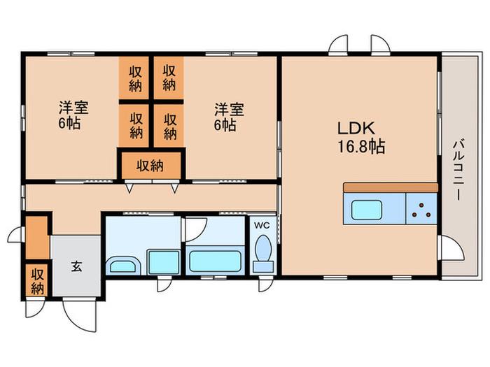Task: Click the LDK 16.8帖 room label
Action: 361,137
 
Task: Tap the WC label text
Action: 262,225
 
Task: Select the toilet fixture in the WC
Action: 263,254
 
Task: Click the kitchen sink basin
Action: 367,210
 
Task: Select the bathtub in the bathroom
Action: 216,261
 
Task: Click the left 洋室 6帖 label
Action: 73,115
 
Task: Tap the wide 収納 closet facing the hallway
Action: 151,166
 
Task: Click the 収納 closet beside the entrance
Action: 37,280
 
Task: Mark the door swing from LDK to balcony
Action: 451,248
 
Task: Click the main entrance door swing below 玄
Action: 79,315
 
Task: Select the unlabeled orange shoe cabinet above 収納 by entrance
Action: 37,238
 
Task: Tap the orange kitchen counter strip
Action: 391,187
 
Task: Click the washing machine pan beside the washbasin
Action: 163,262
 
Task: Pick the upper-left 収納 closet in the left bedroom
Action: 134,78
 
